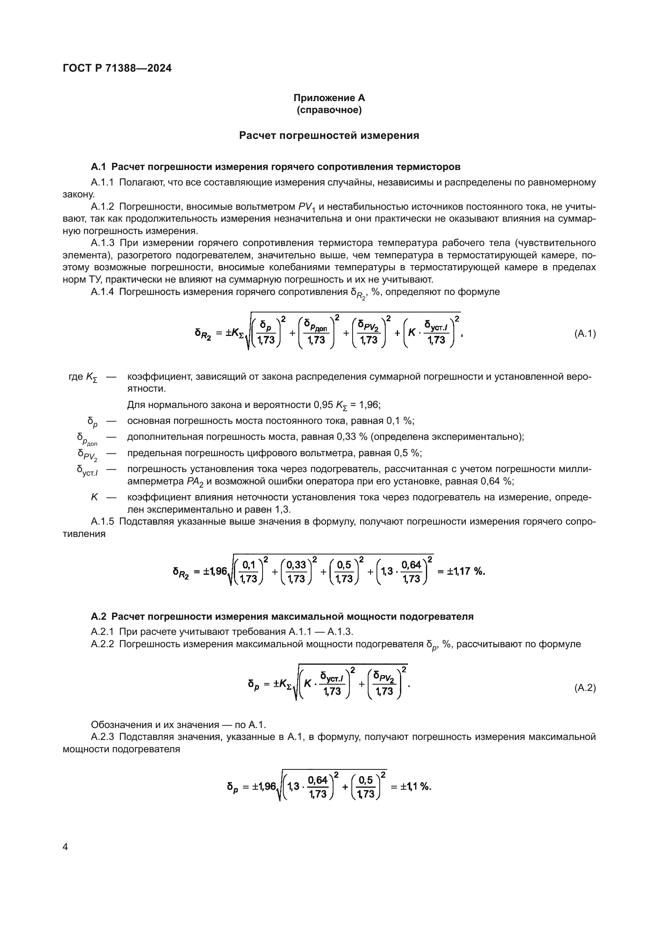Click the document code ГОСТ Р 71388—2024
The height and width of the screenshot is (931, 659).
[x=117, y=68]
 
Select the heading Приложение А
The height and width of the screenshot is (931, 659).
[x=329, y=98]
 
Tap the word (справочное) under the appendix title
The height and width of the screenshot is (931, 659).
[x=329, y=110]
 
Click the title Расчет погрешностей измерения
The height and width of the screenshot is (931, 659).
[x=329, y=135]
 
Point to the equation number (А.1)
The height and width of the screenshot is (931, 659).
[x=585, y=334]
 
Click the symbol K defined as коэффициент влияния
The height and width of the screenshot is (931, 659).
[x=94, y=497]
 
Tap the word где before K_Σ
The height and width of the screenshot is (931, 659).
[x=76, y=377]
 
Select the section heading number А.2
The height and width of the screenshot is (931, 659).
[x=98, y=617]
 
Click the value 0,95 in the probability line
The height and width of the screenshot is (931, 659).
[x=323, y=405]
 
